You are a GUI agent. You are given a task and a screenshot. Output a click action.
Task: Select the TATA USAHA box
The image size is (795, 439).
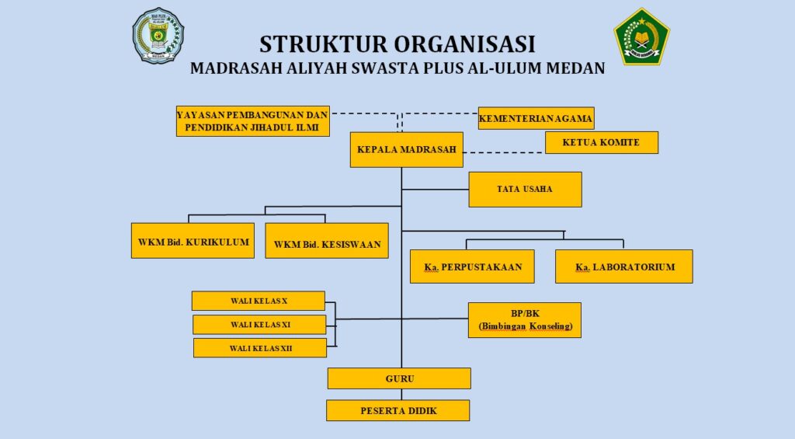[525, 189]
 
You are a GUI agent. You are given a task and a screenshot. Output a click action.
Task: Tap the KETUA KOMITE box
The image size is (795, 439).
[601, 142]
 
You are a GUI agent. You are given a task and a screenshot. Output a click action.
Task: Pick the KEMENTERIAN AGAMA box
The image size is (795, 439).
[536, 118]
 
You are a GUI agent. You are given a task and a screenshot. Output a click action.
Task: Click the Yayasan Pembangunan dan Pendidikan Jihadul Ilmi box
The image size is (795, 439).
[252, 120]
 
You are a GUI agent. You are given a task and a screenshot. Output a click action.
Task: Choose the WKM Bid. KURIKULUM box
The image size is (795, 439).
[193, 241]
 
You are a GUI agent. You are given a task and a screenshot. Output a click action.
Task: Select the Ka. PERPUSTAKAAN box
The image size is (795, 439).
[472, 267]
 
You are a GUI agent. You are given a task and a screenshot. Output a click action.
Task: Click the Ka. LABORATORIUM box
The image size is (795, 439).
[624, 267]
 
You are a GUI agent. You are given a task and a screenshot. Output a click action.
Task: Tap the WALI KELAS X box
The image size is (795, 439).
[259, 301]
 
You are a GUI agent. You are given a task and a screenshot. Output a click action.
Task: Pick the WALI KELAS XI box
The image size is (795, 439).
[259, 324]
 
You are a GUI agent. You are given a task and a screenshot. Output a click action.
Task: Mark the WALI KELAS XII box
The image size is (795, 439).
[260, 347]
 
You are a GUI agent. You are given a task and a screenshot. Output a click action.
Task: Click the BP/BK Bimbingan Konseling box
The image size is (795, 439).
[525, 319]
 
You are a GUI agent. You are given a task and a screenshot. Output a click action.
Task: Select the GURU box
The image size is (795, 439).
[399, 378]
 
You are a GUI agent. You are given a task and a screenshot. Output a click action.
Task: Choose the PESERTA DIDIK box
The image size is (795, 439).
[397, 410]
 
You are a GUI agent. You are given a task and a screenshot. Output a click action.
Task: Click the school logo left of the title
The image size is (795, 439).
[158, 36]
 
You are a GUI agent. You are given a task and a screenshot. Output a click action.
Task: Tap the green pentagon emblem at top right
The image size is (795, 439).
[641, 37]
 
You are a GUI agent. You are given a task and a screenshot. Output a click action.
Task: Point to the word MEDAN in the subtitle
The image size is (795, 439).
[569, 68]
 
